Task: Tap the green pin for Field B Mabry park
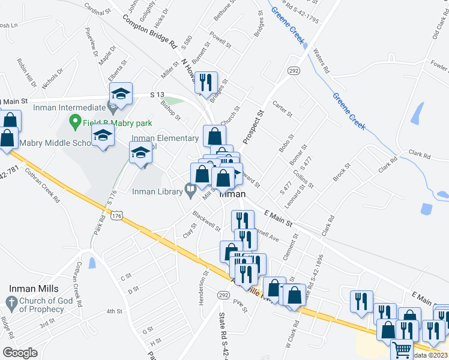coord(76,122)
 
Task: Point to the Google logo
coord(20,353)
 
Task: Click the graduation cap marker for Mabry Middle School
coord(103,136)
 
